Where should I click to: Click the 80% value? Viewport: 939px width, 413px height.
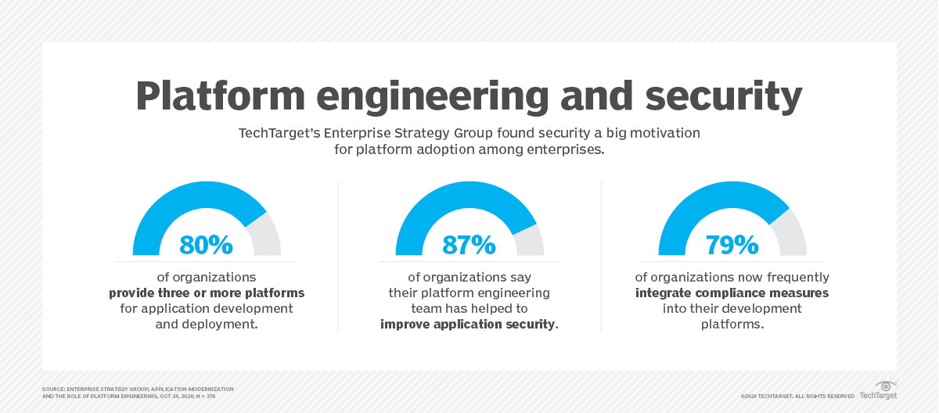pyautogui.click(x=207, y=245)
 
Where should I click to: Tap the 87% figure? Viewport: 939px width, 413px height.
pyautogui.click(x=469, y=245)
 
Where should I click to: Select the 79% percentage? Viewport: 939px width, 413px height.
pyautogui.click(x=732, y=245)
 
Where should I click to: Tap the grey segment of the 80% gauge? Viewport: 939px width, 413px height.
pyautogui.click(x=266, y=235)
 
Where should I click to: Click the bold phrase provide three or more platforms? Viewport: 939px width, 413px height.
pyautogui.click(x=207, y=293)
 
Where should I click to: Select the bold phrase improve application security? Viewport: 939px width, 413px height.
pyautogui.click(x=469, y=324)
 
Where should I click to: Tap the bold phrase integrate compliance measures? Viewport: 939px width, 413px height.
pyautogui.click(x=732, y=293)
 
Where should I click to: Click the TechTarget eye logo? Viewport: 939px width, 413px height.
pyautogui.click(x=885, y=386)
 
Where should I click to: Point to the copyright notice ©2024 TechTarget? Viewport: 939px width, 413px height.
pyautogui.click(x=797, y=396)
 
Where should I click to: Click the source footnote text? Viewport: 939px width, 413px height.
pyautogui.click(x=137, y=392)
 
